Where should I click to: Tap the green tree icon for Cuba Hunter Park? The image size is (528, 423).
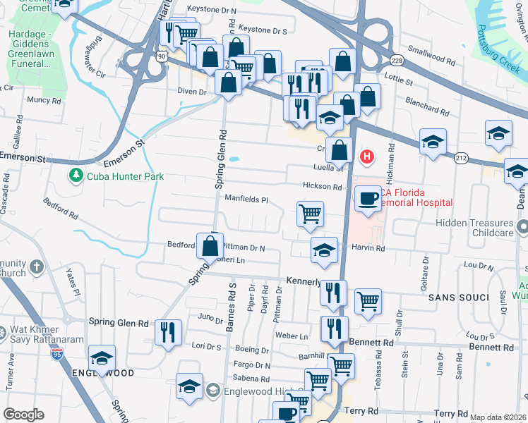(x=74, y=174)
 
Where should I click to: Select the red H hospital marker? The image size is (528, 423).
(x=367, y=156)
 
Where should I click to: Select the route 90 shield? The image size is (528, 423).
(x=162, y=56)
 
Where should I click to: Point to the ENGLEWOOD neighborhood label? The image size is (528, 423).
(x=102, y=373)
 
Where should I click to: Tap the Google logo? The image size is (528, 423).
(x=23, y=415)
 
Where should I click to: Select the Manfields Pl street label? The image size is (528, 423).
(x=246, y=200)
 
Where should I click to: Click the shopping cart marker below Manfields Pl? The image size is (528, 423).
(x=310, y=213)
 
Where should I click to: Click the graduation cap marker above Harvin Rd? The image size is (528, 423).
(x=324, y=250)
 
